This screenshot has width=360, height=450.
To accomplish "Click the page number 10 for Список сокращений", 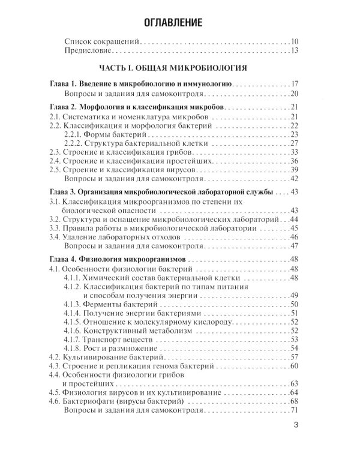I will [x=293, y=42].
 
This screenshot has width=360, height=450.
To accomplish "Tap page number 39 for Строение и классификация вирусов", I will [x=293, y=170].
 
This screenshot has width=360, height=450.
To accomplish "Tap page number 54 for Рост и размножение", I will [x=293, y=348].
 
